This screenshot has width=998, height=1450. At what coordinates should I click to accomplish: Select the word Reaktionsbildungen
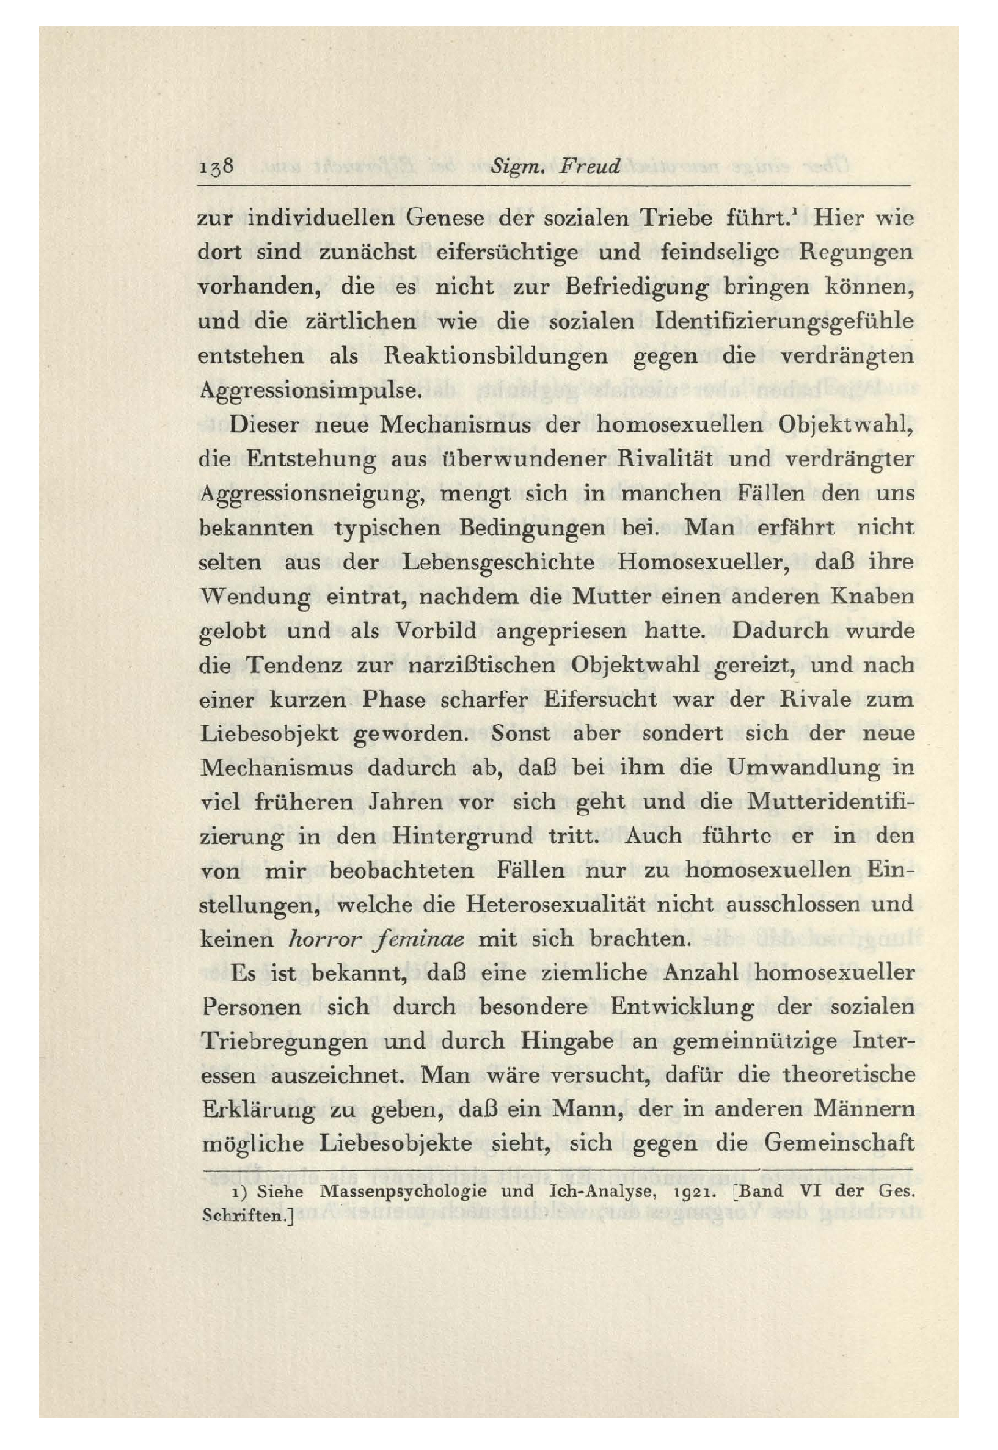point(496,356)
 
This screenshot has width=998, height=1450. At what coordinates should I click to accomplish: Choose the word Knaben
point(872,596)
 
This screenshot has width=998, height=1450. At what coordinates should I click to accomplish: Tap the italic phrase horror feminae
point(376,939)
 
